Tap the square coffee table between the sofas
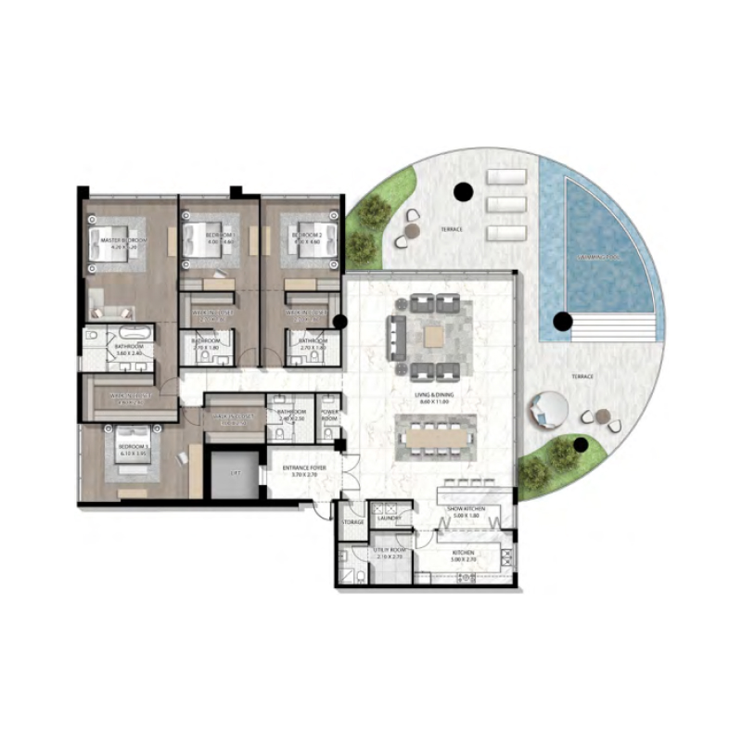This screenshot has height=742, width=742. point(434,337)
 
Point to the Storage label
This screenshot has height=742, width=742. point(353,522)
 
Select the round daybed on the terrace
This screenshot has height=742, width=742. point(546,409)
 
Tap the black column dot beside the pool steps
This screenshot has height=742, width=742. point(560,322)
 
